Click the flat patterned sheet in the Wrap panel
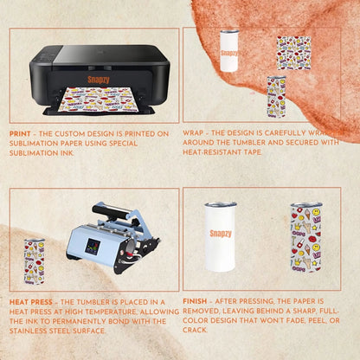(x=293, y=53)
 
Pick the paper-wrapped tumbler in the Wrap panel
(x=276, y=96)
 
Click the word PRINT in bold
(x=21, y=134)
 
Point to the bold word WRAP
(x=194, y=134)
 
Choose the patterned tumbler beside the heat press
(x=34, y=260)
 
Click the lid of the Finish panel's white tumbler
(x=221, y=207)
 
